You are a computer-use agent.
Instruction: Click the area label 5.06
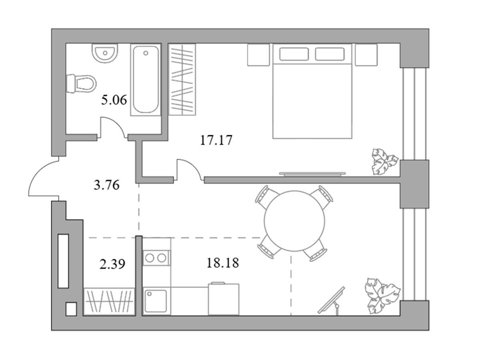click(114, 100)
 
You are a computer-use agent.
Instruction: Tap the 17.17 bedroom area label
click(216, 140)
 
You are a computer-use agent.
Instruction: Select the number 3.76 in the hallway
click(106, 185)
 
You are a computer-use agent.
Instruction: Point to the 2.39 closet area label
click(112, 264)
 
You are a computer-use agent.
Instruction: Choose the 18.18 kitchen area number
click(223, 263)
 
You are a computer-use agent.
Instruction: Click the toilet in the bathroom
click(81, 84)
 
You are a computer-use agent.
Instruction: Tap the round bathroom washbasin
click(105, 53)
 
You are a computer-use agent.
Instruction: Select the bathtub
click(146, 80)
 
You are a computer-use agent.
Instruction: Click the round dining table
click(294, 221)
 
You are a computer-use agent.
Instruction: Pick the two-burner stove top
click(156, 258)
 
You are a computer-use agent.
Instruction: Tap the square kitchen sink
click(156, 301)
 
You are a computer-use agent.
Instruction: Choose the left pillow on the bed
click(294, 54)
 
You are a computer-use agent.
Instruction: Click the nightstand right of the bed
click(366, 55)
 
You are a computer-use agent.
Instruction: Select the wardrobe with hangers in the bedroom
click(182, 79)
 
